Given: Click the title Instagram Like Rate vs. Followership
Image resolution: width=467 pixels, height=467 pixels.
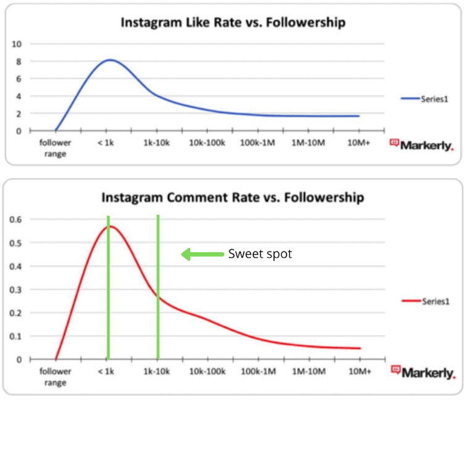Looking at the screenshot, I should click(232, 23).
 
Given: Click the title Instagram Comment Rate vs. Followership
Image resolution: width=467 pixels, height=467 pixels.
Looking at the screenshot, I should click(232, 198).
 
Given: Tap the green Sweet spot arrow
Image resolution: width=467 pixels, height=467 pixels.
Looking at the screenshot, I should click(201, 254).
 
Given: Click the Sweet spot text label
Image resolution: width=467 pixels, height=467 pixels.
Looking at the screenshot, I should click(259, 254).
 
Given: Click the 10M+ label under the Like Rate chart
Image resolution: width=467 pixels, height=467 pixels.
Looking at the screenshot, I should click(360, 142).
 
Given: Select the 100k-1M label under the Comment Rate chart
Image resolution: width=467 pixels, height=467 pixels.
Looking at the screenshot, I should click(258, 371).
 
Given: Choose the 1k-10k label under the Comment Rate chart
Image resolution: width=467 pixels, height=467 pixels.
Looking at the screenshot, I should click(157, 371).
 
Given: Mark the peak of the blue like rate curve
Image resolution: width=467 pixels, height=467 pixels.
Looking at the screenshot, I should click(109, 60).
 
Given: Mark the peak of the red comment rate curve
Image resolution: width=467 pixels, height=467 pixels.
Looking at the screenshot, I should click(111, 226).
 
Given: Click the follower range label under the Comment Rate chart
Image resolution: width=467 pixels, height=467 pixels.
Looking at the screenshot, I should click(56, 376).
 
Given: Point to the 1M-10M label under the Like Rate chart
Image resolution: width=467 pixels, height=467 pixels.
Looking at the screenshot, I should click(309, 142).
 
